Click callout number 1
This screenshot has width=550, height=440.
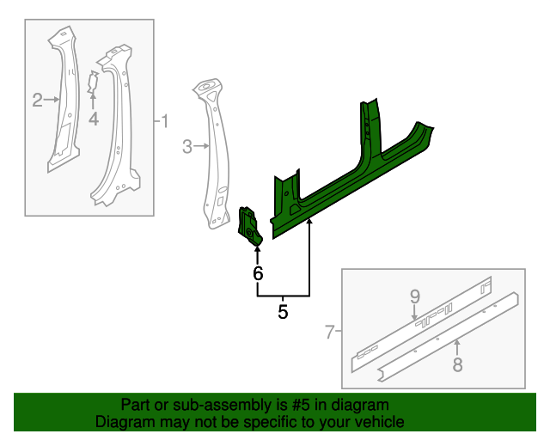tap(165, 120)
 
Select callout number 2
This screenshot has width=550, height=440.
tap(37, 101)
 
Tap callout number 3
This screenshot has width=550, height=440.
tap(187, 147)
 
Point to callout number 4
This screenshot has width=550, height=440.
tap(93, 119)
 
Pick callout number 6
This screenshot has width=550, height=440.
tap(257, 274)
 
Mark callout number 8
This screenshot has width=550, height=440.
tap(457, 364)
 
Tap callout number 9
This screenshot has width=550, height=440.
tap(414, 296)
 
